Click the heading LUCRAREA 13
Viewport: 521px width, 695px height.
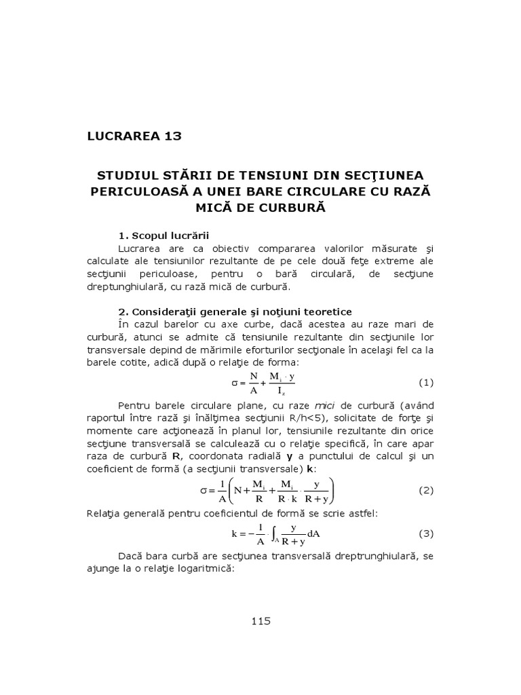[134, 135]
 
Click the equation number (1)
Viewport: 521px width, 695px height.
[425, 382]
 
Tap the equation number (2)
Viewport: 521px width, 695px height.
[425, 490]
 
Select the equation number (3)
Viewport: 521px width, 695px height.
[425, 533]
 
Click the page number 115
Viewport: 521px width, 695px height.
[260, 620]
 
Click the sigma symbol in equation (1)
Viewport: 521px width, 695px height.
[236, 383]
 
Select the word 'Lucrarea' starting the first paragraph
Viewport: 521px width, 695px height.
[138, 248]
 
